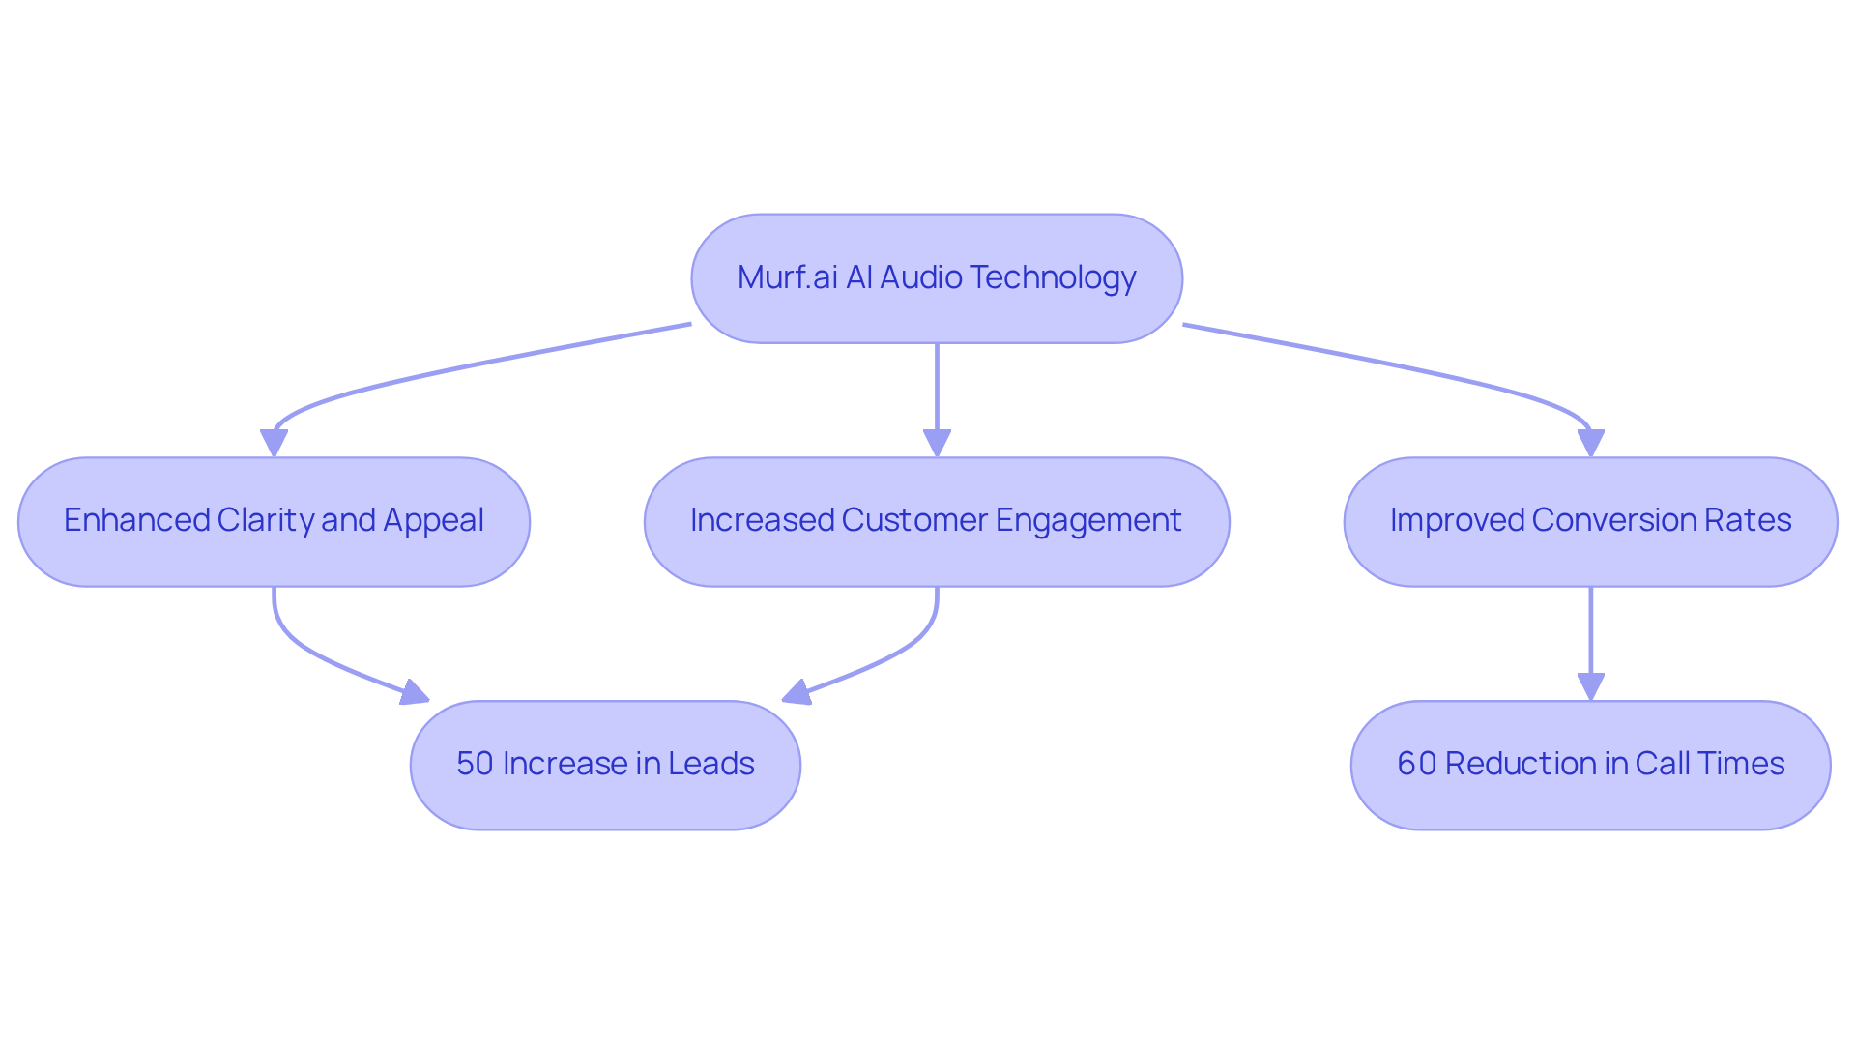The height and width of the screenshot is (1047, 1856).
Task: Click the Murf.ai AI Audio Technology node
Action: click(x=936, y=278)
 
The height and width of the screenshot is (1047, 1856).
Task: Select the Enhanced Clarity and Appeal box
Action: click(x=274, y=521)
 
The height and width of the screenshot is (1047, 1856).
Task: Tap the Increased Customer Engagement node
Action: click(x=936, y=521)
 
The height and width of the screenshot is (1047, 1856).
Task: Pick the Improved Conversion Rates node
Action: click(x=1590, y=521)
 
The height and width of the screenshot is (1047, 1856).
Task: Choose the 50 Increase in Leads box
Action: click(x=605, y=765)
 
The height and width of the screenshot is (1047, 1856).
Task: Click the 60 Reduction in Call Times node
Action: click(x=1590, y=765)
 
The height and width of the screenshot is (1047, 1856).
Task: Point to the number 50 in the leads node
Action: click(x=475, y=764)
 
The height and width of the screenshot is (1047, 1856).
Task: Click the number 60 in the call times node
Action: click(x=1416, y=764)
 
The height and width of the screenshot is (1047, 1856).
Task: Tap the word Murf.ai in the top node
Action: click(x=787, y=277)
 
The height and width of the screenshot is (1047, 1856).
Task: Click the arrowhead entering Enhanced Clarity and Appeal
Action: click(x=274, y=443)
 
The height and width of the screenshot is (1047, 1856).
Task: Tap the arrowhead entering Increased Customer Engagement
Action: click(x=936, y=443)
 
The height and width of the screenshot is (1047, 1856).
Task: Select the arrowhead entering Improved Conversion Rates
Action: click(x=1590, y=443)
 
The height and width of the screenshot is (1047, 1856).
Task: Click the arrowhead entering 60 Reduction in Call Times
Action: click(x=1590, y=686)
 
